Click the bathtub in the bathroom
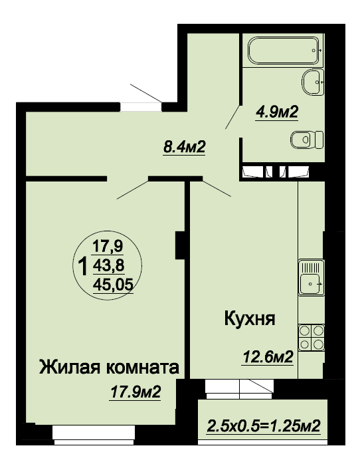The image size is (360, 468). coord(283,50)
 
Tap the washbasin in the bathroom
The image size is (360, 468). coord(313,82)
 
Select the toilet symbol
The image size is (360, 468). coord(307,140)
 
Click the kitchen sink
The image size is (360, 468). coord(312,278)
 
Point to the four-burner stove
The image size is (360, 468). coord(312,338)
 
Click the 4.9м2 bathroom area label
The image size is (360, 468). coord(277,112)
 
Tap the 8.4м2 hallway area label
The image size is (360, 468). coord(185,147)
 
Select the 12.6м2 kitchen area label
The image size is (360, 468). coord(268,357)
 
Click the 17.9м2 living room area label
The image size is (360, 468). coord(135,392)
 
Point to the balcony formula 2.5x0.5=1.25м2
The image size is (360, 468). coord(264,426)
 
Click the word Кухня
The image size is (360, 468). coord(249,319)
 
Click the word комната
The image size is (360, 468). coord(143,368)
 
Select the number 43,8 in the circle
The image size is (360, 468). coord(108,265)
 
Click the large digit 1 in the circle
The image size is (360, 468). coord(82,266)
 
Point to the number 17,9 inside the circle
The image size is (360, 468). coord(108,246)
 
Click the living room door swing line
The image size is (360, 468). coord(132,190)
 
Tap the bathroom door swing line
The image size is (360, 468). coord(232,117)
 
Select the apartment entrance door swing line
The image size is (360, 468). coord(146,93)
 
